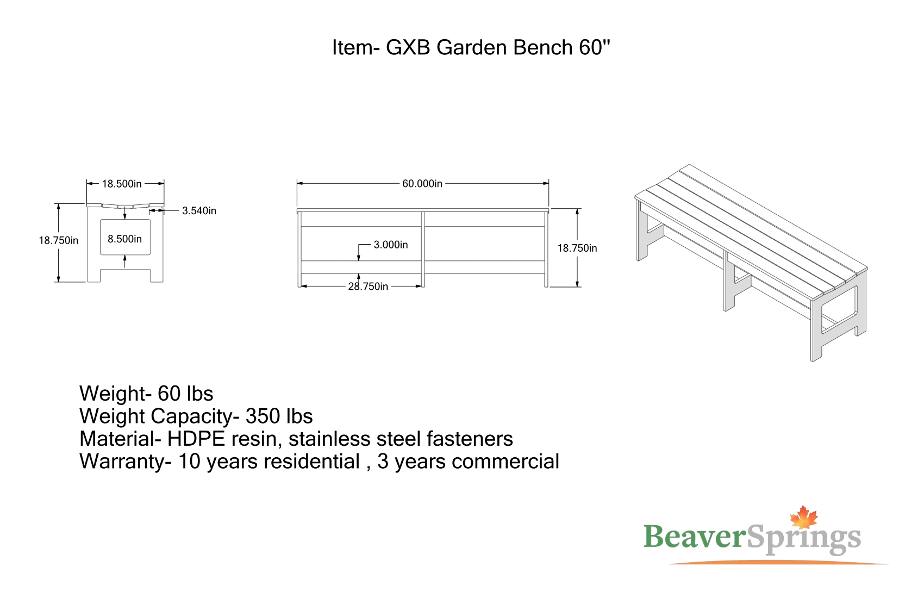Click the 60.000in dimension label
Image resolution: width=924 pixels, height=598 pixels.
point(422,184)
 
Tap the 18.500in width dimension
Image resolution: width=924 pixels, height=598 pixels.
point(122,184)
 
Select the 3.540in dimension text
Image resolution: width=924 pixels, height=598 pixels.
point(199,211)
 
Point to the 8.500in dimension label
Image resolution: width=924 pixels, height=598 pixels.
point(124,239)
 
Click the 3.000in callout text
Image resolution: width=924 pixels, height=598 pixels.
point(391,245)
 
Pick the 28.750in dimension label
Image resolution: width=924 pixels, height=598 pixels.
point(368,286)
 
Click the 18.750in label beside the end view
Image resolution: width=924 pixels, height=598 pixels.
point(59,241)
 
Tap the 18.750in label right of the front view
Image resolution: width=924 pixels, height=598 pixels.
point(577,248)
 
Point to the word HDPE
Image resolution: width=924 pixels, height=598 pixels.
point(196,439)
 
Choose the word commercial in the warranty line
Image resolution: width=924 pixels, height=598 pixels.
point(505,462)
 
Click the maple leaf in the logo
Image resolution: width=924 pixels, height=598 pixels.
point(803,518)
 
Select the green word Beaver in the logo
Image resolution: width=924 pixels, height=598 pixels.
point(695,537)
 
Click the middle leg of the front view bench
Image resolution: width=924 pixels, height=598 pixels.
point(423,250)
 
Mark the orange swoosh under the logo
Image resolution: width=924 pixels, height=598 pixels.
point(779,562)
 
